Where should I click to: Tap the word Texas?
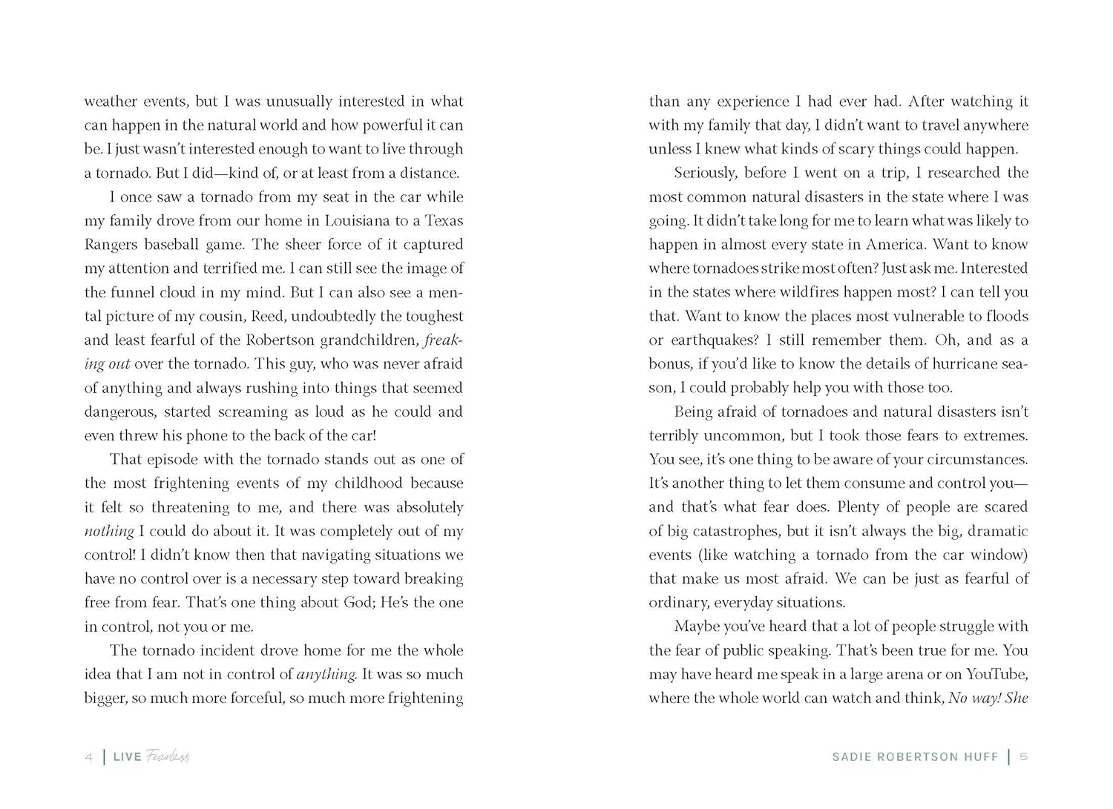click(x=444, y=221)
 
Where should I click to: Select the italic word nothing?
click(x=109, y=532)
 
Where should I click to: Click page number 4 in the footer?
click(x=89, y=757)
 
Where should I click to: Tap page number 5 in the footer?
click(x=1024, y=757)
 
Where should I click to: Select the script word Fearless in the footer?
click(x=168, y=756)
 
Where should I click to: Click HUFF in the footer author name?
click(x=981, y=757)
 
